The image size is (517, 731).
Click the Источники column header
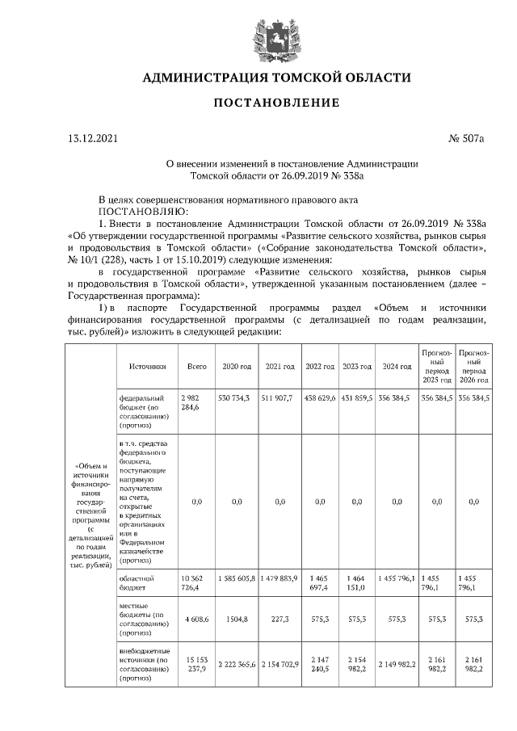pyautogui.click(x=147, y=366)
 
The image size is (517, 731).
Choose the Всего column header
pyautogui.click(x=196, y=366)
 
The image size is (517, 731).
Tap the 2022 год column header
pyautogui.click(x=320, y=366)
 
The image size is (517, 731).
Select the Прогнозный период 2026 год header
pyautogui.click(x=473, y=366)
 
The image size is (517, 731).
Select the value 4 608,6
pyautogui.click(x=196, y=619)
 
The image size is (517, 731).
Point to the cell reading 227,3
pyautogui.click(x=280, y=619)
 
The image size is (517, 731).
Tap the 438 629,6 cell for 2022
pyautogui.click(x=320, y=399)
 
